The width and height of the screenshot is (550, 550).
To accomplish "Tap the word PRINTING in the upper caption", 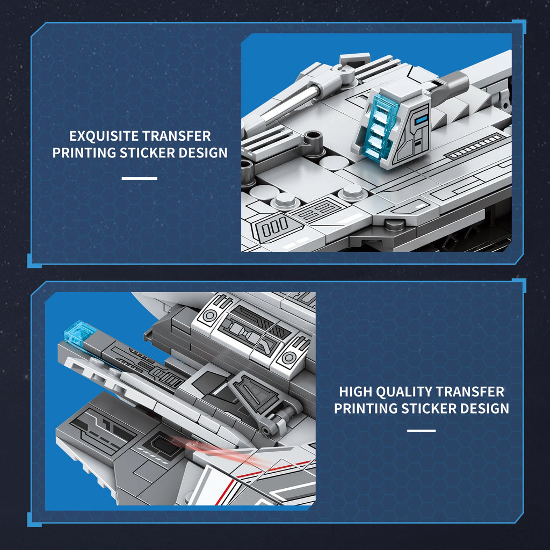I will point(84,153).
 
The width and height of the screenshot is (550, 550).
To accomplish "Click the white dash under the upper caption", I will point(140,178).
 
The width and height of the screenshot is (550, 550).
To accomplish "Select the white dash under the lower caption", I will point(422,430).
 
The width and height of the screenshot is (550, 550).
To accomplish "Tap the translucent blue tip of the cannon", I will point(79,331).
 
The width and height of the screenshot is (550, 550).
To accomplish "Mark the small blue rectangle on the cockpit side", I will point(421,115).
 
